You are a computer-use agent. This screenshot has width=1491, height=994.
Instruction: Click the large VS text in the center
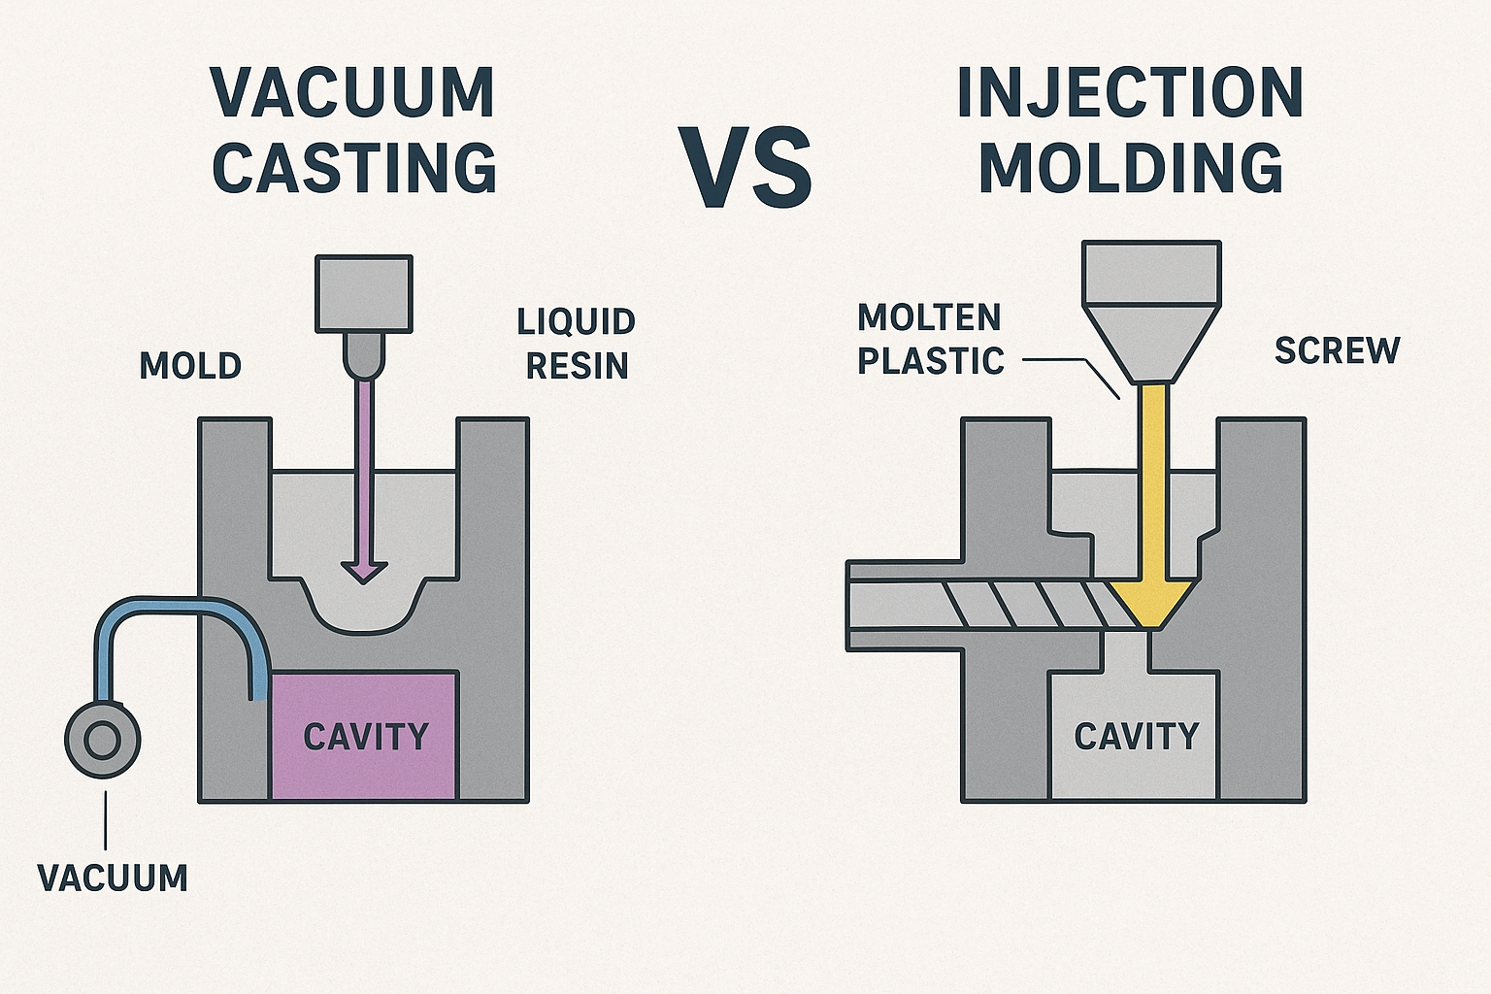pyautogui.click(x=745, y=168)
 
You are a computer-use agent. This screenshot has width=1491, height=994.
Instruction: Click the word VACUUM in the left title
pyautogui.click(x=353, y=94)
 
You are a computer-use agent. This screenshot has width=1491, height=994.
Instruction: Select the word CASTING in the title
pyautogui.click(x=353, y=167)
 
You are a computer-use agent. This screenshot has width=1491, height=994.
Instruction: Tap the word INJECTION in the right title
pyautogui.click(x=1130, y=94)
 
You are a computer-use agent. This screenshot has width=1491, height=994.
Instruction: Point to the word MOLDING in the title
pyautogui.click(x=1130, y=167)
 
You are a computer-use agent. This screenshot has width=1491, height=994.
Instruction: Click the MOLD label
pyautogui.click(x=190, y=366)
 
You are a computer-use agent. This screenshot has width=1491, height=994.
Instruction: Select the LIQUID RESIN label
pyautogui.click(x=577, y=344)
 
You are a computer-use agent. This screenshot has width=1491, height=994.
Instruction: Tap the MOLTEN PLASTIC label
pyautogui.click(x=930, y=339)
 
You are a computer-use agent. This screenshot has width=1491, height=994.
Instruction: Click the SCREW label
pyautogui.click(x=1337, y=350)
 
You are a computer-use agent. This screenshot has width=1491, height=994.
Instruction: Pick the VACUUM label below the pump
pyautogui.click(x=113, y=878)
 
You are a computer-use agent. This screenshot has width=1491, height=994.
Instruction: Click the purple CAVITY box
pyautogui.click(x=364, y=736)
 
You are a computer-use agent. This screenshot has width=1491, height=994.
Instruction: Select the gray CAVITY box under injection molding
pyautogui.click(x=1136, y=736)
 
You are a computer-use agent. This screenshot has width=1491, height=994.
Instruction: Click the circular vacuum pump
pyautogui.click(x=102, y=741)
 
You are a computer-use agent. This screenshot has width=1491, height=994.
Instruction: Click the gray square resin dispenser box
pyautogui.click(x=364, y=293)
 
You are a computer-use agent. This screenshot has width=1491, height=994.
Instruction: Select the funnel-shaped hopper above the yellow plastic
pyautogui.click(x=1151, y=320)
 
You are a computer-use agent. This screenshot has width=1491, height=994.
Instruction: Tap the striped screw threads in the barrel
pyautogui.click(x=1029, y=605)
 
